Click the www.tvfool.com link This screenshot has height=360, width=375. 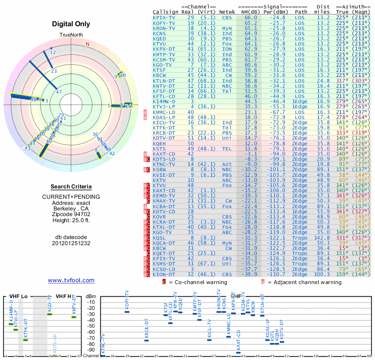(71, 280)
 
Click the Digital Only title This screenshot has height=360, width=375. (71, 24)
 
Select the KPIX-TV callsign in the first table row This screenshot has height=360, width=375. (164, 17)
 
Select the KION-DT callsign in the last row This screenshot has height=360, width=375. (164, 275)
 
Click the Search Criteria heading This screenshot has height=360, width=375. (71, 187)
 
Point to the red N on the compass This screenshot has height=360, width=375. (87, 45)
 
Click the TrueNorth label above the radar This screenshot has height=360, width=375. (71, 35)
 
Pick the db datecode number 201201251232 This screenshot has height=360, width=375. (71, 243)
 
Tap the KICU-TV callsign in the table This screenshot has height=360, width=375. (164, 123)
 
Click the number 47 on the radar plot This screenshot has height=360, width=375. (59, 92)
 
